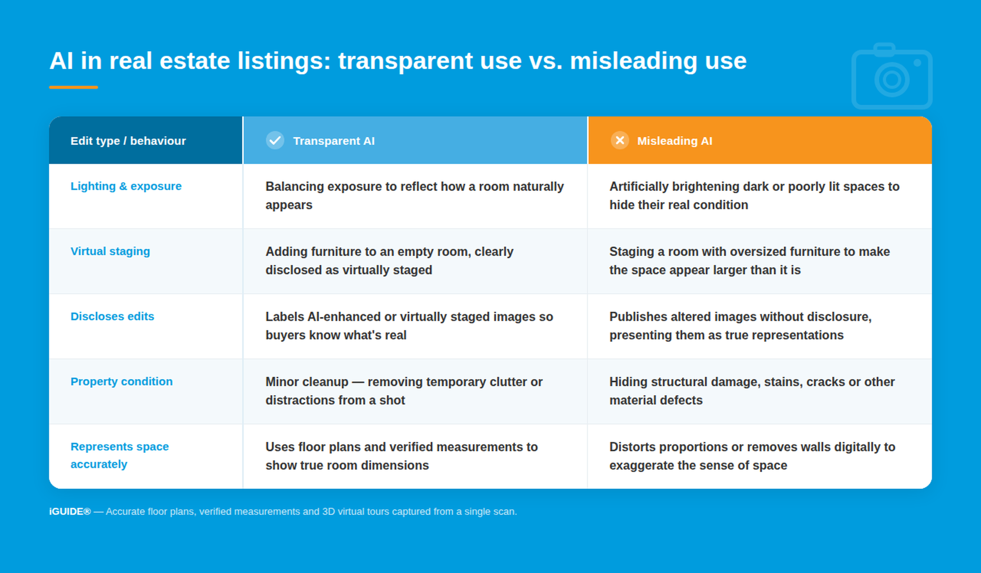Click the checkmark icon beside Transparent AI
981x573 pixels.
pyautogui.click(x=275, y=140)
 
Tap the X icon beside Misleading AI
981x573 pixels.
pyautogui.click(x=620, y=140)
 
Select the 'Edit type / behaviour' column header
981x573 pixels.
pyautogui.click(x=128, y=141)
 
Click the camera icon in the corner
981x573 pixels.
pyautogui.click(x=892, y=76)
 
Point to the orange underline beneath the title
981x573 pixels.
pyautogui.click(x=73, y=87)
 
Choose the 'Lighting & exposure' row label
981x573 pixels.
pyautogui.click(x=126, y=186)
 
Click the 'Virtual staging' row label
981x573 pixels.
pyautogui.click(x=110, y=251)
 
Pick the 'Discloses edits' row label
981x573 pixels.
pyautogui.click(x=112, y=316)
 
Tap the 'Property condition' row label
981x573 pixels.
pyautogui.click(x=121, y=381)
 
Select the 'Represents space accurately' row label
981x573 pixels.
pyautogui.click(x=120, y=455)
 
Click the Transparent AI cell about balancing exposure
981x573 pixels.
pyautogui.click(x=415, y=196)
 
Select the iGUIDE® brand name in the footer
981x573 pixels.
pyautogui.click(x=70, y=511)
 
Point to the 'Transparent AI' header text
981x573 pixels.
pyautogui.click(x=334, y=141)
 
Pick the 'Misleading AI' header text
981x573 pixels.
pyautogui.click(x=675, y=141)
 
